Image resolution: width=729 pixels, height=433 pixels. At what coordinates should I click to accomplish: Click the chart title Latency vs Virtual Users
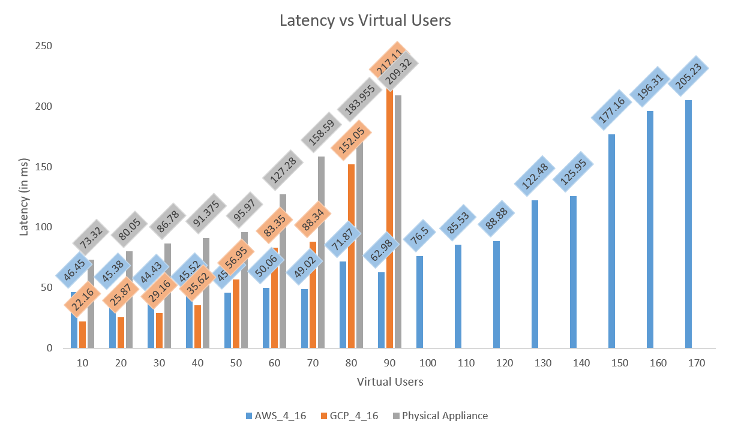[365, 20]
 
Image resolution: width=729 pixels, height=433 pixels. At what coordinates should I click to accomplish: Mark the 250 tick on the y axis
[45, 46]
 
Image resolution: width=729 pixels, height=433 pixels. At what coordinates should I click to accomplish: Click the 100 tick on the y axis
[45, 227]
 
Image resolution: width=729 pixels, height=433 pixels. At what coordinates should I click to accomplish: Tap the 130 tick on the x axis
[535, 363]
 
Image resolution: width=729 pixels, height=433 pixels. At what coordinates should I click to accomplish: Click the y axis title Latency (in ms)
[24, 197]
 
